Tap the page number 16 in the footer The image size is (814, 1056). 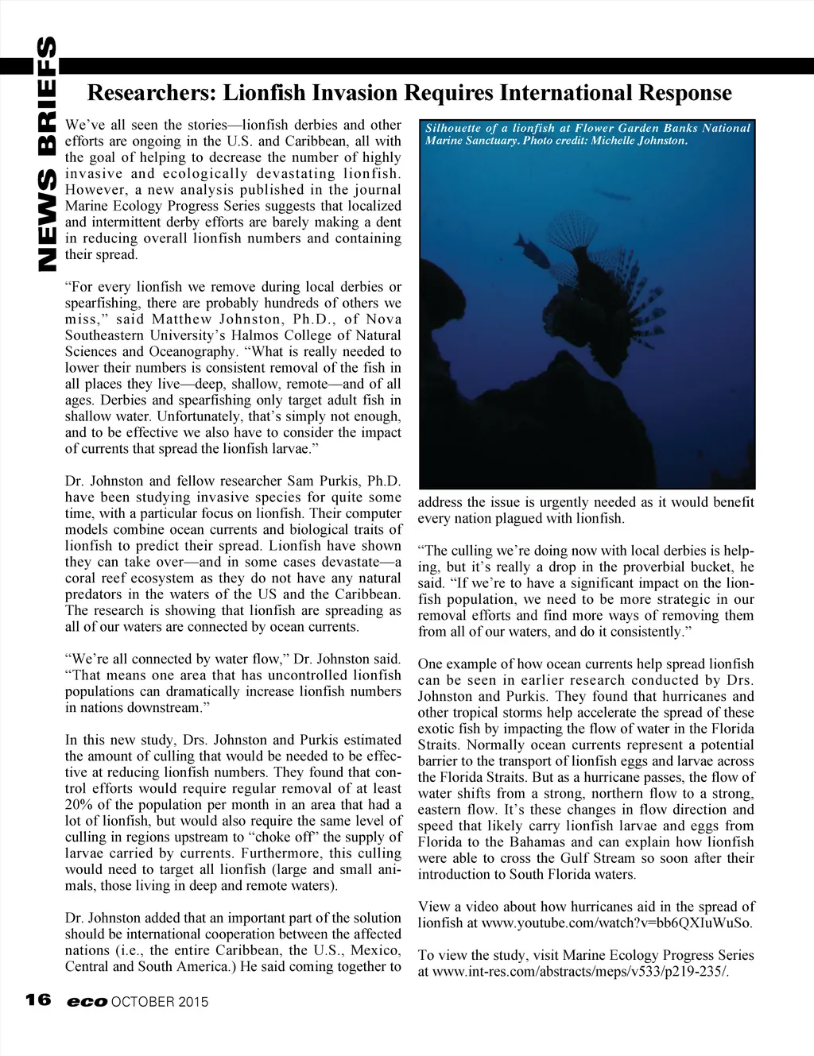pyautogui.click(x=38, y=1000)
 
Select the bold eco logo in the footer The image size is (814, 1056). pyautogui.click(x=87, y=1002)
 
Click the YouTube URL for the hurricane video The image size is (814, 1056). pyautogui.click(x=617, y=923)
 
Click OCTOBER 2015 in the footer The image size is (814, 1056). pyautogui.click(x=160, y=1002)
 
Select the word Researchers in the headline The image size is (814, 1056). pyautogui.click(x=151, y=93)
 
